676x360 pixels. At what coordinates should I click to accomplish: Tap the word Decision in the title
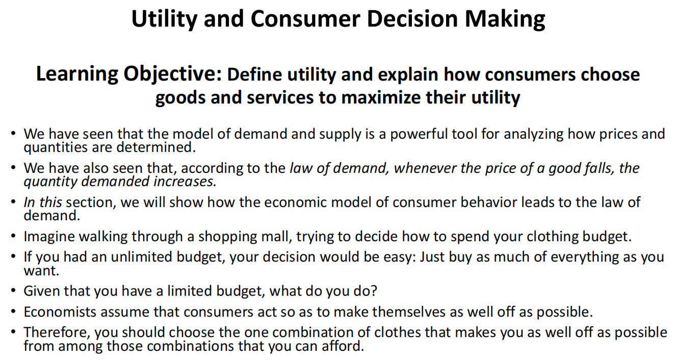pos(412,19)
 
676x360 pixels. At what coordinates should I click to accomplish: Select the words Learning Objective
pos(129,74)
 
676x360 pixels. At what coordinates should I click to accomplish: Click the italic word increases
pos(185,182)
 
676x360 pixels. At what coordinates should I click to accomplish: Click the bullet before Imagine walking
pos(13,236)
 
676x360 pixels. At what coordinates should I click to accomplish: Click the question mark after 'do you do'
pos(374,291)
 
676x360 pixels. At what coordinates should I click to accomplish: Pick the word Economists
pos(60,312)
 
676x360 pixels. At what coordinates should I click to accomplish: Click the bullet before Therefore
pos(13,332)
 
